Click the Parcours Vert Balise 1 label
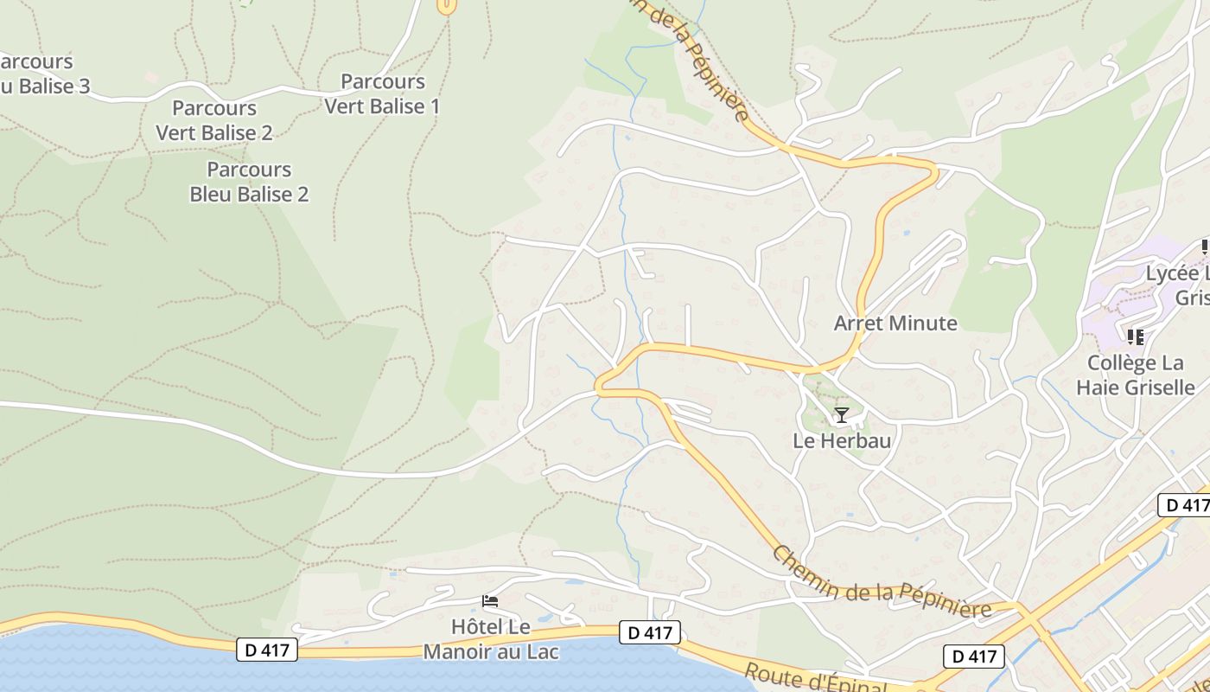point(382,94)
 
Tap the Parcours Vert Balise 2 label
point(214,120)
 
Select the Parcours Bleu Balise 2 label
point(249,182)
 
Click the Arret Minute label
point(895,324)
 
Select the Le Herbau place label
point(842,440)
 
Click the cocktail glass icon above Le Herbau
point(841,415)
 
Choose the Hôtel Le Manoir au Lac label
point(490,638)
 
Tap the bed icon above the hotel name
point(490,601)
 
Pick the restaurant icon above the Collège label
point(1135,336)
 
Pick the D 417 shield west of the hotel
point(267,650)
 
